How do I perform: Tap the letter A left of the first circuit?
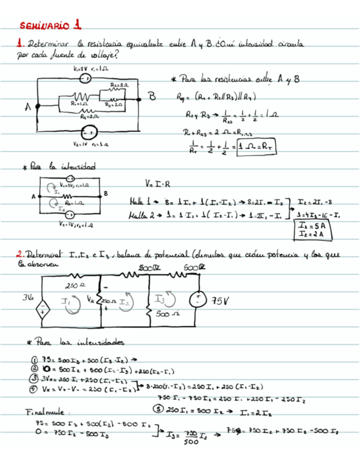(27, 108)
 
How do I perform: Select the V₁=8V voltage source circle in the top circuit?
(86, 79)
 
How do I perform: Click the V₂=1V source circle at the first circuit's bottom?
(86, 133)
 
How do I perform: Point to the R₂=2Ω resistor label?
(120, 86)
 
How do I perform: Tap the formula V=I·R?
(157, 183)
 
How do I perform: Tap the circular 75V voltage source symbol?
(196, 300)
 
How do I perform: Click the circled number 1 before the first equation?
(35, 358)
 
